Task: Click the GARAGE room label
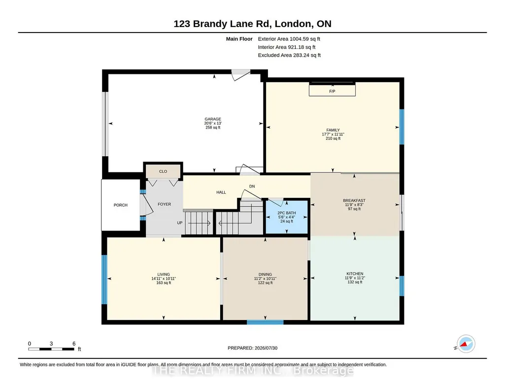click(212, 119)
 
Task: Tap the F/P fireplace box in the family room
click(332, 90)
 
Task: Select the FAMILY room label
click(333, 130)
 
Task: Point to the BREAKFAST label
click(354, 200)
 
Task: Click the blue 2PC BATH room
click(286, 217)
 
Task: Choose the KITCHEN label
click(355, 274)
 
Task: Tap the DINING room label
click(265, 274)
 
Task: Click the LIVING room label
click(164, 274)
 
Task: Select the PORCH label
click(120, 205)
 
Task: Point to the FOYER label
click(164, 204)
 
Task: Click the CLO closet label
click(163, 171)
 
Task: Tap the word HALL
click(221, 192)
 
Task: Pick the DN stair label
click(252, 186)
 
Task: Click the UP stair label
click(180, 223)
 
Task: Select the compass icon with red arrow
click(466, 344)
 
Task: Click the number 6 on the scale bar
click(74, 343)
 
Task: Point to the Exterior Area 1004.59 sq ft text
click(289, 39)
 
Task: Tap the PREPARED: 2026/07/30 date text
click(252, 348)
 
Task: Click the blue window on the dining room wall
click(265, 322)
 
